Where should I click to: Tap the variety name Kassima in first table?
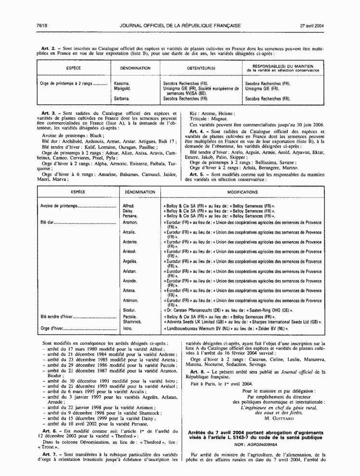(x=122, y=83)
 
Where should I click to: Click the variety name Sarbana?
(x=122, y=99)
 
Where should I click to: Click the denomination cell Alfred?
(x=129, y=206)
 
